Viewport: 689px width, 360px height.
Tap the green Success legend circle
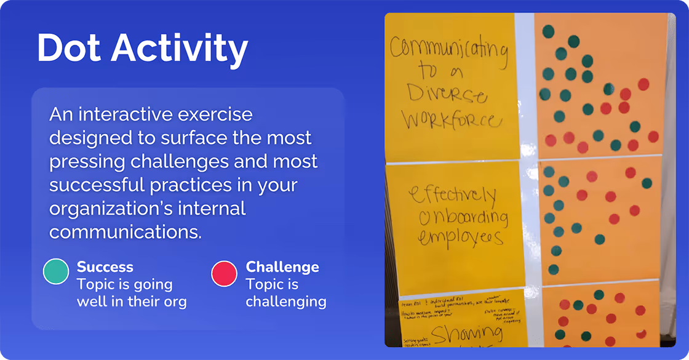(x=55, y=273)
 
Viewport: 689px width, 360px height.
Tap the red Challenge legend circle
(x=224, y=273)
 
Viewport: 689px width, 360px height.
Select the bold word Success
(x=105, y=267)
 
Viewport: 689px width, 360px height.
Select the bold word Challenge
(x=282, y=267)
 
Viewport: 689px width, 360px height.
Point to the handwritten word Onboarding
(x=455, y=217)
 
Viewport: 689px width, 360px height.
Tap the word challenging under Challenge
(x=286, y=302)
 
